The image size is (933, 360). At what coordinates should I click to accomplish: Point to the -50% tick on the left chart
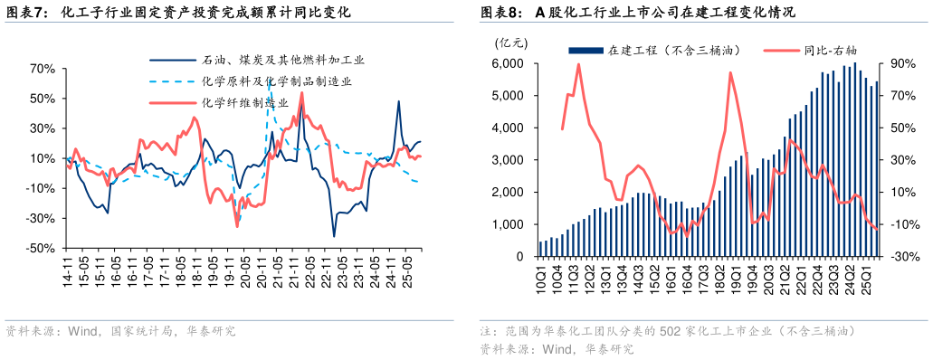click(42, 248)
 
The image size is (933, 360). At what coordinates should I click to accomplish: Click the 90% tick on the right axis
click(900, 64)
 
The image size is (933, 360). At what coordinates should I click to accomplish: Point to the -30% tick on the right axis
click(899, 257)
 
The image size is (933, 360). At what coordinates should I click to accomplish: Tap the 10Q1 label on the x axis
click(540, 275)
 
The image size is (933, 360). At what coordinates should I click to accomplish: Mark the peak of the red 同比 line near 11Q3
click(578, 64)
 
